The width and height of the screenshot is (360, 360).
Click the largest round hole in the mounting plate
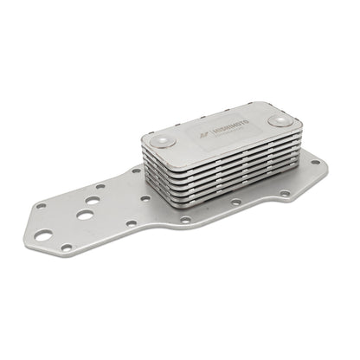tap(43, 235)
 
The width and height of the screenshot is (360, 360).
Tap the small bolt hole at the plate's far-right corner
tap(316, 160)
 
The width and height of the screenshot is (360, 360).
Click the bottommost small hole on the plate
tap(66, 247)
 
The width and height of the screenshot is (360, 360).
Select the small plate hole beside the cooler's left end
tap(135, 170)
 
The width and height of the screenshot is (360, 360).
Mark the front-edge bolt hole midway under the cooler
tap(235, 203)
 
